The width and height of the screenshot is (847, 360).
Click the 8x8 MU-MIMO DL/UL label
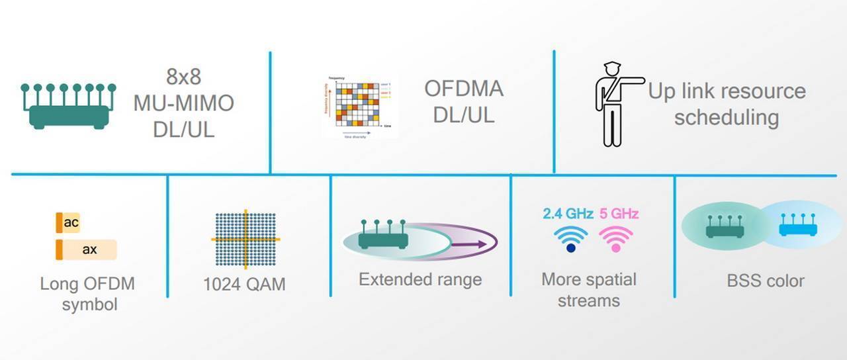[183, 104]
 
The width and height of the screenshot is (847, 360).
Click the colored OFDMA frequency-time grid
[357, 105]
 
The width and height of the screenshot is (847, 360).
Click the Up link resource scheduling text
[727, 104]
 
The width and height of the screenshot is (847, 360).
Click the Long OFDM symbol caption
[87, 294]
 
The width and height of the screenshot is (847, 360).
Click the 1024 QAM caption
[244, 285]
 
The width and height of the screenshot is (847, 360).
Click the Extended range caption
[420, 279]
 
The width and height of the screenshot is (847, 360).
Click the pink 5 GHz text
[619, 214]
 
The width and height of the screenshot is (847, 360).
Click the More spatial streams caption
[588, 290]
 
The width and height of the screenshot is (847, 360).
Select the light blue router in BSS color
[797, 226]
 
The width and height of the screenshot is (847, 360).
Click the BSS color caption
[766, 281]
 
